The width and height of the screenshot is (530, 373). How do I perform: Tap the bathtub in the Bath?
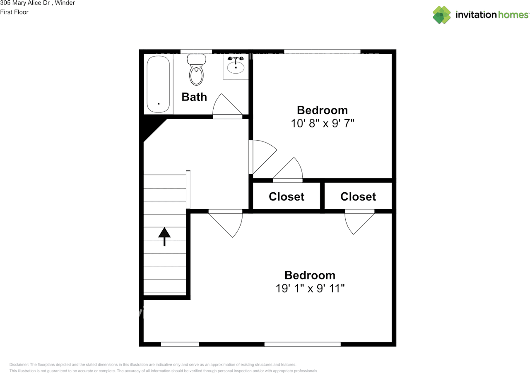point(158,84)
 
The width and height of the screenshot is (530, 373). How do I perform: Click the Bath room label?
point(194,97)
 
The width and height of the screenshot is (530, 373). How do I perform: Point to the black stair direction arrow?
point(164,237)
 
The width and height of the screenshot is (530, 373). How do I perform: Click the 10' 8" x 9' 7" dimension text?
point(323,123)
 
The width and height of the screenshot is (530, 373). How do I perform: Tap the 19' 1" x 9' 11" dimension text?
point(310,288)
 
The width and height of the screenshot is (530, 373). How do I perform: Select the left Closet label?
point(287,197)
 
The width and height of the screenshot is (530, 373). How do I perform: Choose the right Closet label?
point(358,197)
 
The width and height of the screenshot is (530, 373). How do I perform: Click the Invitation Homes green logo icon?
point(442,15)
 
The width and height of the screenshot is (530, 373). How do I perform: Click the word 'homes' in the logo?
point(513,15)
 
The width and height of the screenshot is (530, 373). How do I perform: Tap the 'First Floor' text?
point(14,12)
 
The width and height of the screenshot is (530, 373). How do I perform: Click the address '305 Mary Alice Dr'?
point(25,3)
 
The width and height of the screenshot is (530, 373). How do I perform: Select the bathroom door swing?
point(227,105)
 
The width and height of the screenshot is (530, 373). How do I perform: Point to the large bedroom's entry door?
point(226,223)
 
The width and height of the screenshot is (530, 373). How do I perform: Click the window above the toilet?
point(196,52)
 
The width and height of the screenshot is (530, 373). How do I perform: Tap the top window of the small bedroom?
point(322,52)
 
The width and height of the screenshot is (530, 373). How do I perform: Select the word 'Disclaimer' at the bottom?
point(19,364)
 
